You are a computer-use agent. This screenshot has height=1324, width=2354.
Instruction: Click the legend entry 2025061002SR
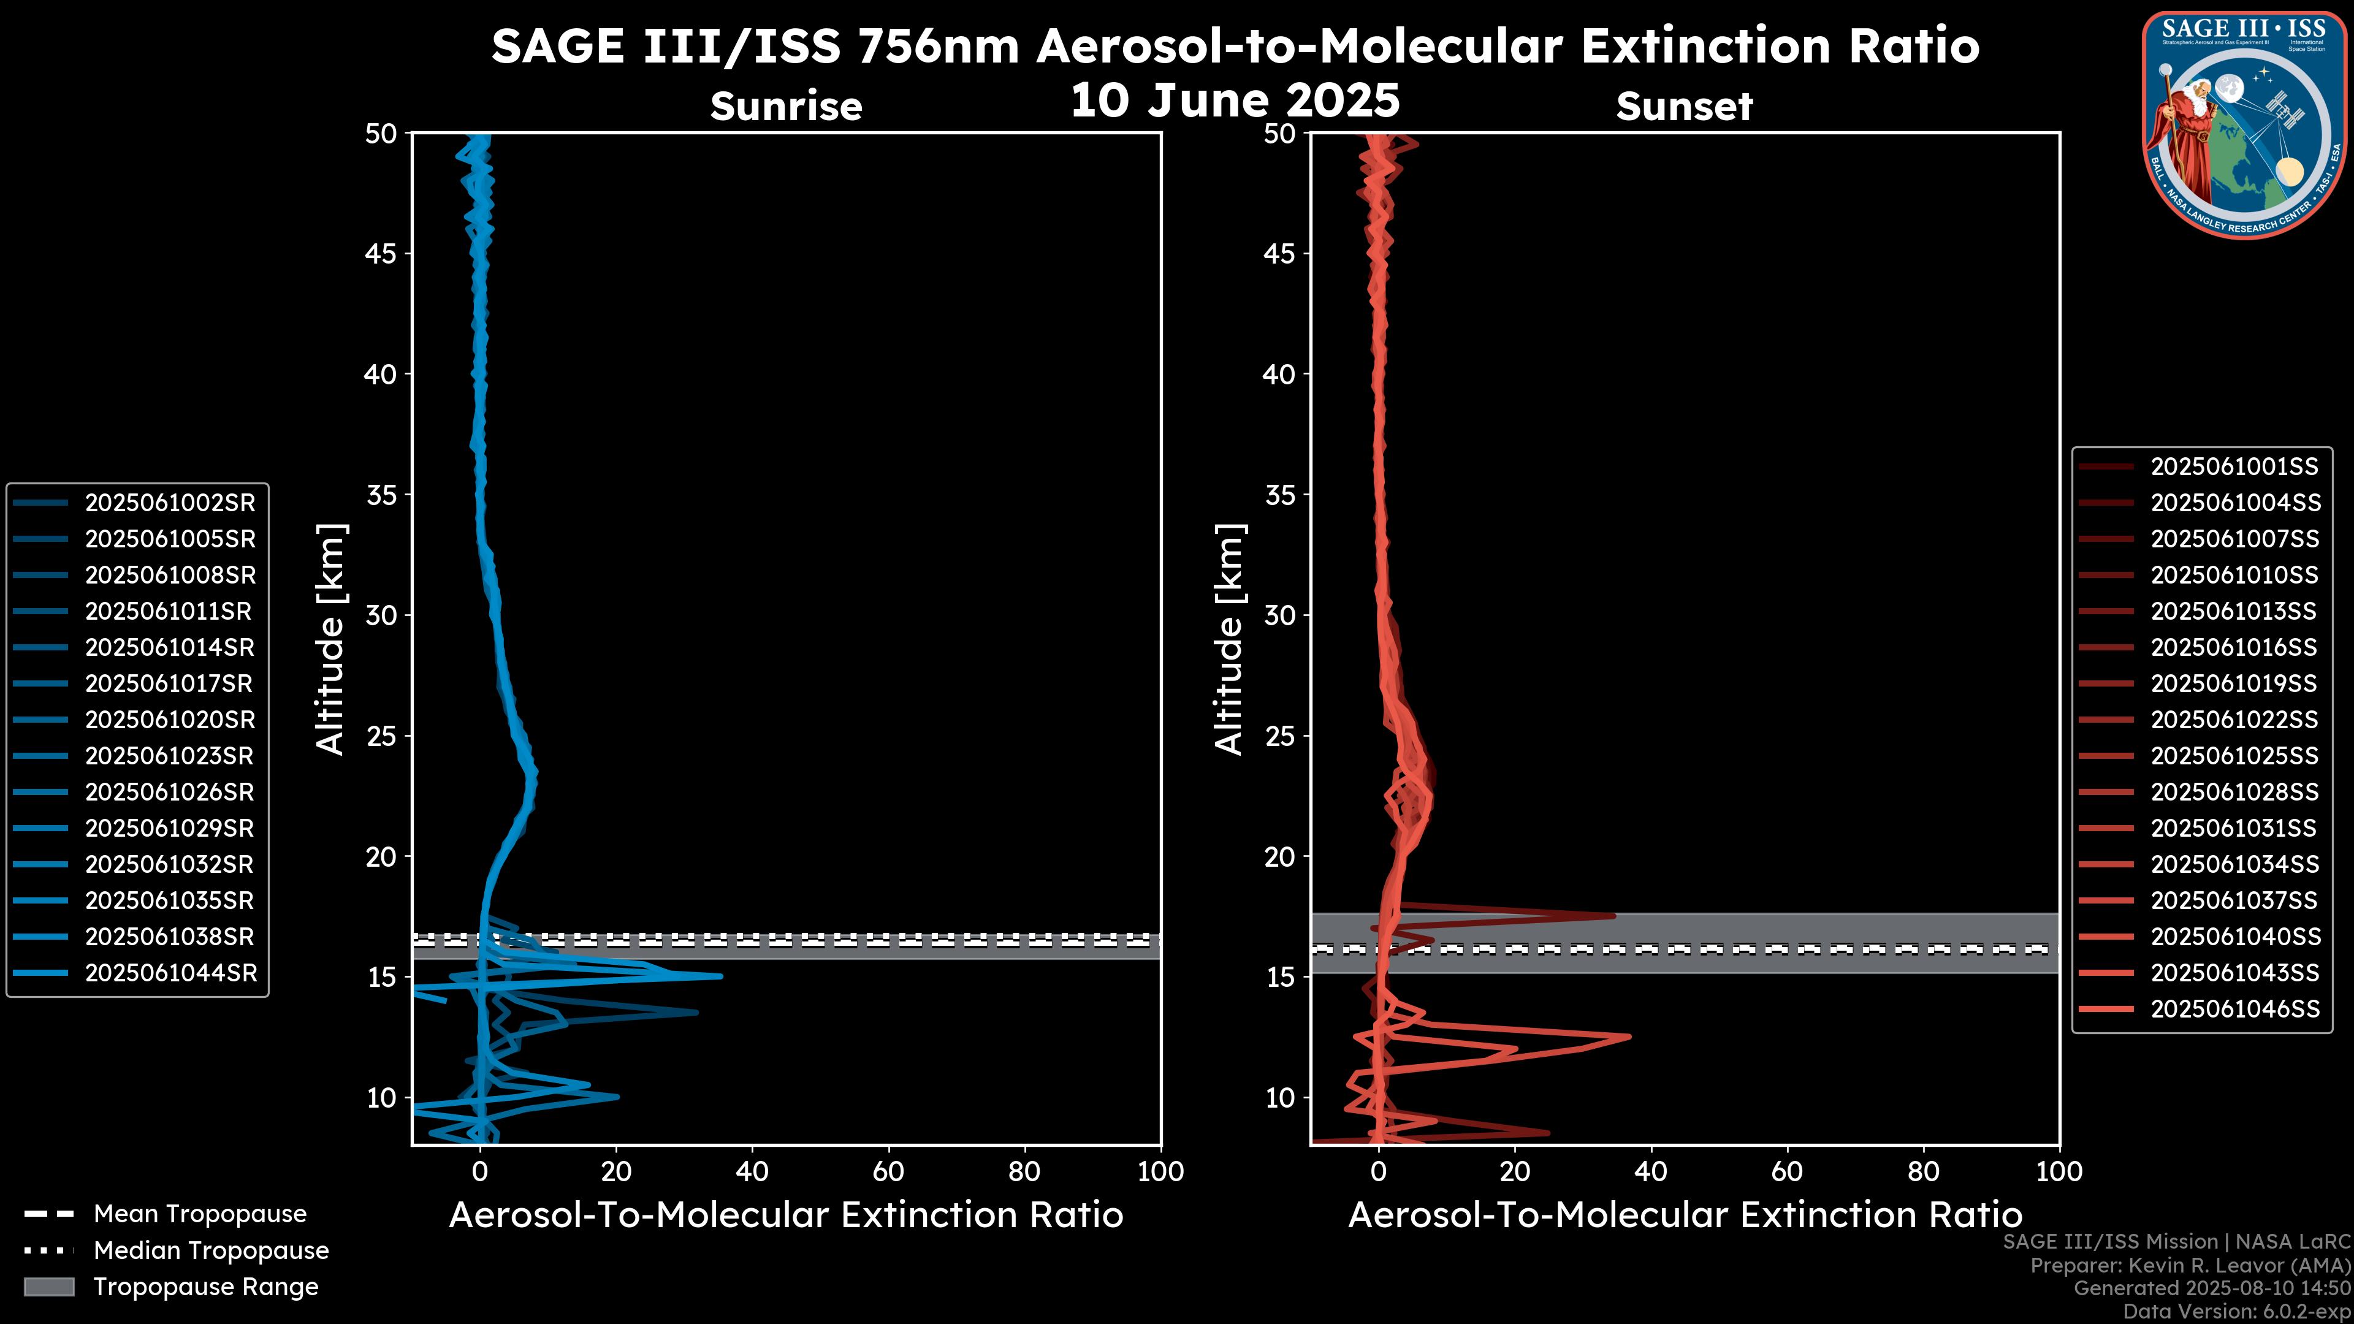[170, 503]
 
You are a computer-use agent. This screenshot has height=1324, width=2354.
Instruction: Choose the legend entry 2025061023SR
[170, 756]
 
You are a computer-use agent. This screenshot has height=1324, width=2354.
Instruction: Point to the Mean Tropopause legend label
[200, 1214]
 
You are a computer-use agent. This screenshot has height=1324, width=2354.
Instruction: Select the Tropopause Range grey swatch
[48, 1287]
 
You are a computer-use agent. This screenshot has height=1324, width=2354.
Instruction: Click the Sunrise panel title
[786, 106]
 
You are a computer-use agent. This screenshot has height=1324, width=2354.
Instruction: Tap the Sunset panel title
[1684, 106]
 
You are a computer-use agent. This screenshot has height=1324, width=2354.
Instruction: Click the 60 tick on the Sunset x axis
[1786, 1171]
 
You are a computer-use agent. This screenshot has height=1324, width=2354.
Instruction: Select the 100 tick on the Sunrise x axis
[1160, 1171]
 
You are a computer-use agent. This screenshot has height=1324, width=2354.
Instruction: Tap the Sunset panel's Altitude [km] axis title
[1229, 639]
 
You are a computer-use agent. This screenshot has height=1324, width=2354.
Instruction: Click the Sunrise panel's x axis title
[786, 1216]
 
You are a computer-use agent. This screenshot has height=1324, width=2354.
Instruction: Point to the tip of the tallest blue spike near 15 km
[721, 976]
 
